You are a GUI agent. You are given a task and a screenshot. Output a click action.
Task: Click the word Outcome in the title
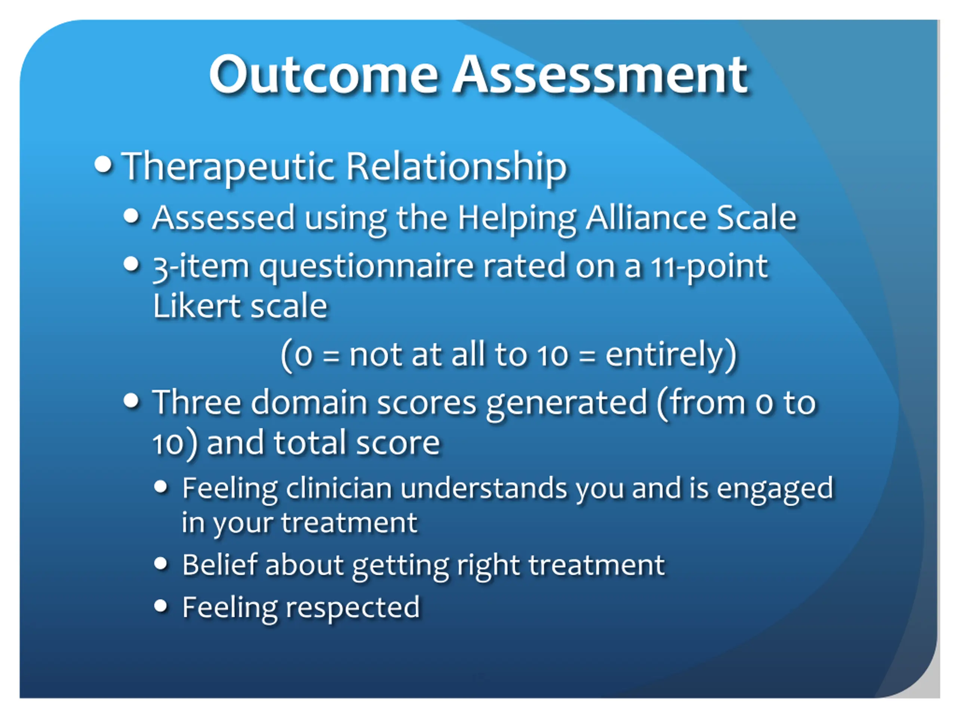click(x=324, y=74)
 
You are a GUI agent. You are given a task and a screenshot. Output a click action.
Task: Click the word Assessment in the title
click(x=600, y=74)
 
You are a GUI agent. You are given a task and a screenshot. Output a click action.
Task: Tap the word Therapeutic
click(x=228, y=167)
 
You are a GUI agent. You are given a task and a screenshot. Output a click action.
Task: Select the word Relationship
click(x=456, y=167)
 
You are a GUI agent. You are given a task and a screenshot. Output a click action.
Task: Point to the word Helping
click(x=517, y=218)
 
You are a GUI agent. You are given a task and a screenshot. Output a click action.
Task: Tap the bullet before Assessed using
click(x=131, y=216)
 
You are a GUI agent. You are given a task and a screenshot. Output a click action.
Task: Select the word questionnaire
click(x=366, y=267)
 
